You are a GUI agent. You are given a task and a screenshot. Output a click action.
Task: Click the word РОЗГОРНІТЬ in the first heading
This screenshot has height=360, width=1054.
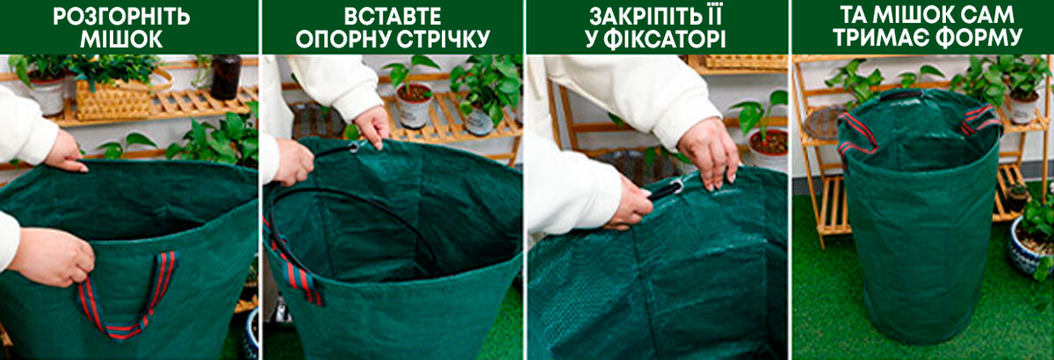(x=121, y=17)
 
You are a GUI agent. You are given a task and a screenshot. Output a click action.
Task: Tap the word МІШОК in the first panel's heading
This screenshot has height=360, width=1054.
(x=121, y=39)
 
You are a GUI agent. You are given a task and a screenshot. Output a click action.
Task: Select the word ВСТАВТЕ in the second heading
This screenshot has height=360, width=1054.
(x=393, y=17)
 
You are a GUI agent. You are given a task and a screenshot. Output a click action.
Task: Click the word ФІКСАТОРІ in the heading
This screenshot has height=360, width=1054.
(x=665, y=39)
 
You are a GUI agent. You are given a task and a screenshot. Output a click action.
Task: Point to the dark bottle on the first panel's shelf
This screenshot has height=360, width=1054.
(x=226, y=77)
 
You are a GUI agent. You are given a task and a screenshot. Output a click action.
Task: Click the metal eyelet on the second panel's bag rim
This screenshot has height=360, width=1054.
(x=353, y=148)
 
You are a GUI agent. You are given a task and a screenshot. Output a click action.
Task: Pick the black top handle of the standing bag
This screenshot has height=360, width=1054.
(x=901, y=93)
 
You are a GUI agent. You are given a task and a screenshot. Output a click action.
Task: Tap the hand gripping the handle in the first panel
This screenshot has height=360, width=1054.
(x=52, y=256)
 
